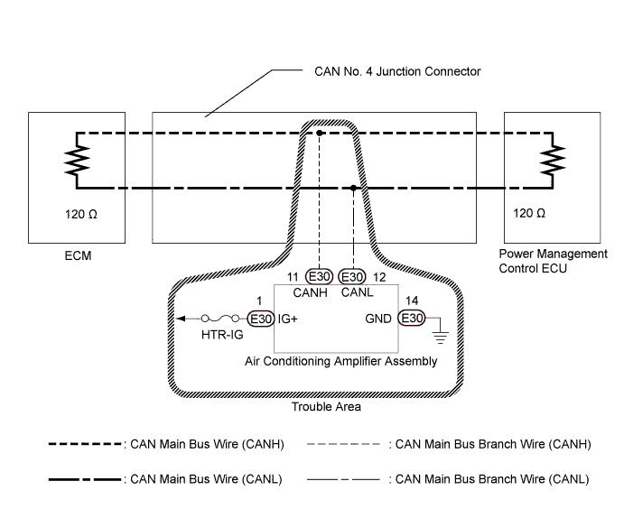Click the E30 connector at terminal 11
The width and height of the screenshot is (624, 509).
pos(320,276)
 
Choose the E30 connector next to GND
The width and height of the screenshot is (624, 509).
pos(412,319)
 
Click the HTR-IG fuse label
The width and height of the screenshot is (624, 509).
pos(219,335)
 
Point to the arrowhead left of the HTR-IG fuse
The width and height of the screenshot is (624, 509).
pos(182,319)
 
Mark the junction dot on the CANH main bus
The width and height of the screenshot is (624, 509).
pos(320,134)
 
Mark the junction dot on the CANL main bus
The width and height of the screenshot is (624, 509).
pos(353,189)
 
